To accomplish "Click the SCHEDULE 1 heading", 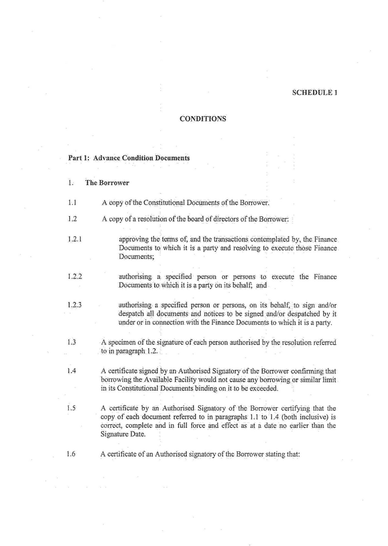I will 315,93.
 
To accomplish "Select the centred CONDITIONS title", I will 203,119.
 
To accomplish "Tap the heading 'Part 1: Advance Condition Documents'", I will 129,157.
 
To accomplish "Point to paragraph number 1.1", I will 72,202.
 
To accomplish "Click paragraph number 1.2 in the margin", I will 72,219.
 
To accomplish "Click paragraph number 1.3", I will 72,342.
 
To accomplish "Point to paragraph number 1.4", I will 72,371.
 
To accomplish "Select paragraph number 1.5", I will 72,408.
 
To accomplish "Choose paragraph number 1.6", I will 72,454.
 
